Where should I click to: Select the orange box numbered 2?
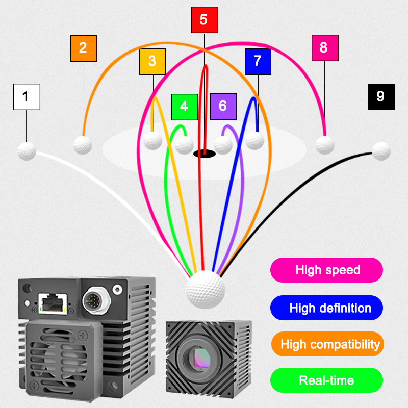pyautogui.click(x=83, y=48)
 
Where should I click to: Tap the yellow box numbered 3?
pyautogui.click(x=152, y=62)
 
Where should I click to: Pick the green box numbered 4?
pyautogui.click(x=184, y=107)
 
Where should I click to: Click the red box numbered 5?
pyautogui.click(x=204, y=20)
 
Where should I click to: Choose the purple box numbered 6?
pyautogui.click(x=223, y=106)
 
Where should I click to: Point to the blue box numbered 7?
pyautogui.click(x=258, y=62)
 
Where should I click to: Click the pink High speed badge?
pyautogui.click(x=326, y=270)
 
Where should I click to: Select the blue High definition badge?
pyautogui.click(x=326, y=308)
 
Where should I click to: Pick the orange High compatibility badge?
pyautogui.click(x=326, y=344)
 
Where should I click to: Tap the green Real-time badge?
pyautogui.click(x=326, y=380)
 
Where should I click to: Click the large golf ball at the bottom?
pyautogui.click(x=205, y=290)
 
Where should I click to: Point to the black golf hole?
pyautogui.click(x=204, y=153)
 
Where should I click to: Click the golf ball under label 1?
pyautogui.click(x=27, y=151)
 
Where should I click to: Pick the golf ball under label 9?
pyautogui.click(x=381, y=151)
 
